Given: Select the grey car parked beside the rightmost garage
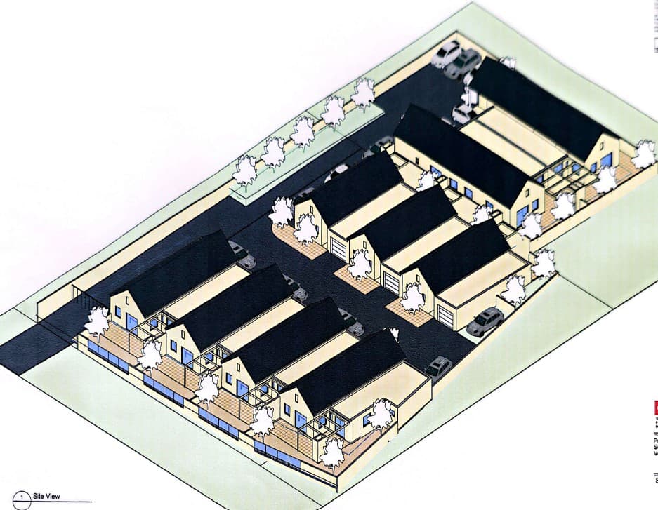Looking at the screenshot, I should [485, 321].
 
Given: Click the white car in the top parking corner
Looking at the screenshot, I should [446, 54].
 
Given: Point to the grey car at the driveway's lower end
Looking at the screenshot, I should [438, 366].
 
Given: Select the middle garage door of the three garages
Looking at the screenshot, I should [391, 281].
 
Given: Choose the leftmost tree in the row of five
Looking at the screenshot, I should [246, 170].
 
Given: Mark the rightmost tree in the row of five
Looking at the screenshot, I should [363, 93].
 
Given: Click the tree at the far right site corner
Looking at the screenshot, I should [643, 154].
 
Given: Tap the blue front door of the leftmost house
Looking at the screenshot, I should [131, 322].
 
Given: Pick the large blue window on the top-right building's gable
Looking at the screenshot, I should [606, 161].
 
